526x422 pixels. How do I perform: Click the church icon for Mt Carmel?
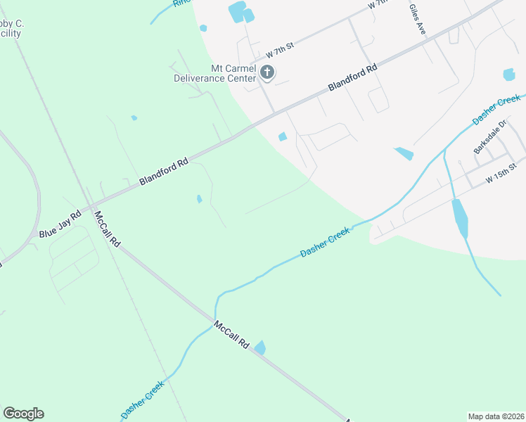[267, 71]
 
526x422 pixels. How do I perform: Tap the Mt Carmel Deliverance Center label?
[215, 73]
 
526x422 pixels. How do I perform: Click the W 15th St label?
[501, 175]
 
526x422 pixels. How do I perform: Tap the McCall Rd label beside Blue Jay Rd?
[108, 229]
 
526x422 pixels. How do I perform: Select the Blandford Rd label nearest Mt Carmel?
[353, 77]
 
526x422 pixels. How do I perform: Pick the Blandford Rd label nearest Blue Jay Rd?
[164, 171]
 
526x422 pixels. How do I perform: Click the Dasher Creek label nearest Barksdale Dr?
[496, 110]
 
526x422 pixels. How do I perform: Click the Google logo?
[23, 414]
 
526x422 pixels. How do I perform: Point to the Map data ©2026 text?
[496, 416]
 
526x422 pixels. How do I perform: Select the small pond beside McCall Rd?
[260, 347]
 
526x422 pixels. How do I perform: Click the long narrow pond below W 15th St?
[459, 217]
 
